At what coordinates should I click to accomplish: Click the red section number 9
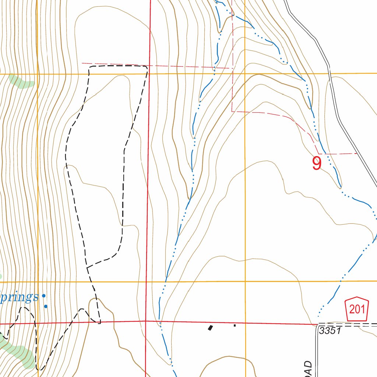317,163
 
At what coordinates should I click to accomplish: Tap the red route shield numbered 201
357,309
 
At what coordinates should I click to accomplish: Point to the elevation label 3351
331,331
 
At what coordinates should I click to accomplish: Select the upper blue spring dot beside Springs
43,295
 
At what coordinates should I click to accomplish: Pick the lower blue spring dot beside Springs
46,306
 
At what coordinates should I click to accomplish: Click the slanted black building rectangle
211,327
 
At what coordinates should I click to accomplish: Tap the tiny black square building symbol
235,325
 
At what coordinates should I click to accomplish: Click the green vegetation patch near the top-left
22,82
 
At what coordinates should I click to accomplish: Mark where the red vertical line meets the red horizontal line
146,321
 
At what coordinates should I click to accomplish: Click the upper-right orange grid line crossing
245,74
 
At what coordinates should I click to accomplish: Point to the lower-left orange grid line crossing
38,282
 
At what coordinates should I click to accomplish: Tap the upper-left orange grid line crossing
38,74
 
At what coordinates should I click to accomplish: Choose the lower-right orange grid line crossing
245,281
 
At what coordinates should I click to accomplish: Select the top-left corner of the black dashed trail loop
90,67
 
